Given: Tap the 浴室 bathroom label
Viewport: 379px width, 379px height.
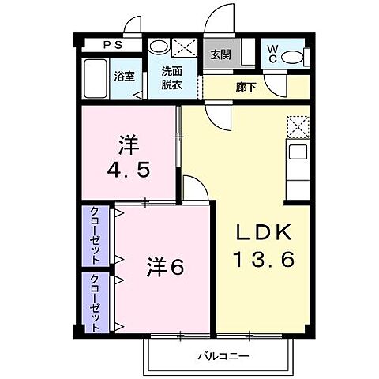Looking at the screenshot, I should (124, 77).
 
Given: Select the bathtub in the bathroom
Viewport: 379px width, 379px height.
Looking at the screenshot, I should (96, 77).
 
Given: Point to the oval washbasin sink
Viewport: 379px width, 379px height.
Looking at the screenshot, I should (159, 46).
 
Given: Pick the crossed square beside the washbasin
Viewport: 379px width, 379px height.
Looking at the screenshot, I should (185, 47).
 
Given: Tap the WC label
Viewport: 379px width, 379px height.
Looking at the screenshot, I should (270, 55).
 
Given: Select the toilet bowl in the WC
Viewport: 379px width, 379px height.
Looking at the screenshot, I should (293, 58).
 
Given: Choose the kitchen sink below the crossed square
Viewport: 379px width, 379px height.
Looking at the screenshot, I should (298, 151).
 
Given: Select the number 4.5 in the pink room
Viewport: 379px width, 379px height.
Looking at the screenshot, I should (129, 169).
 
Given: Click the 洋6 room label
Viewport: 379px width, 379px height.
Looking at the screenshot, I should (163, 268).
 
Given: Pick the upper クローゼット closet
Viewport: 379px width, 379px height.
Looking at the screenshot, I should (95, 235).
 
